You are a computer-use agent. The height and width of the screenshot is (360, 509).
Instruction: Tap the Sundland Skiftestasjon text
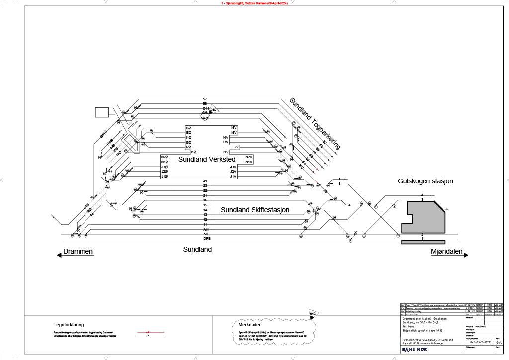pyautogui.click(x=255, y=210)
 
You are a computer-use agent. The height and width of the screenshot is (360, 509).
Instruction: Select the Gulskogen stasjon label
pyautogui.click(x=425, y=181)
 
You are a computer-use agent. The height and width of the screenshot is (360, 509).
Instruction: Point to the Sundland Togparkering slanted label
pyautogui.click(x=315, y=123)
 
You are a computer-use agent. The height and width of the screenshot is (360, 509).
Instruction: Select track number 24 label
pyautogui.click(x=205, y=181)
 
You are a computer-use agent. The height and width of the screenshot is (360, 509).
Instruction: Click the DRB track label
pyautogui.click(x=205, y=239)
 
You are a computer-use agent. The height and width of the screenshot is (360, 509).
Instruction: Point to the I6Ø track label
pyautogui.click(x=188, y=128)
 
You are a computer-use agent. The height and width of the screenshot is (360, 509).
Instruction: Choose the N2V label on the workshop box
pyautogui.click(x=249, y=157)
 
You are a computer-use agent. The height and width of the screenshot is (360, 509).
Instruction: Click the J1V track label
pyautogui.click(x=233, y=177)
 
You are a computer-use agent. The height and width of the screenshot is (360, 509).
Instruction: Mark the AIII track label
pyautogui.click(x=205, y=229)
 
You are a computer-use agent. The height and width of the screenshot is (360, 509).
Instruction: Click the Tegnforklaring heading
pyautogui.click(x=68, y=324)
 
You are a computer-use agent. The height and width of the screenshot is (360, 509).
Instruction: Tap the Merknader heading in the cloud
pyautogui.click(x=247, y=324)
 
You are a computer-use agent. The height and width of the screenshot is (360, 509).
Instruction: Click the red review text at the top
pyautogui.click(x=254, y=3)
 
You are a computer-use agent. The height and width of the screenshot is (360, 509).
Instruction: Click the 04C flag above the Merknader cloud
pyautogui.click(x=313, y=314)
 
